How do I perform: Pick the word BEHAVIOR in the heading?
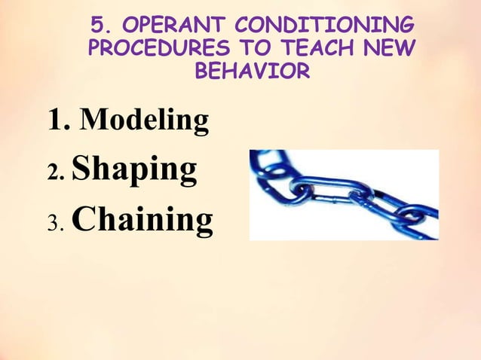coord(252,72)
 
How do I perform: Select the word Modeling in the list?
coord(144,121)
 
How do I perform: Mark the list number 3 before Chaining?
coord(54,223)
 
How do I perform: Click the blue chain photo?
coord(344,194)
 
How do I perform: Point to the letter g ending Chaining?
coord(202,224)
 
